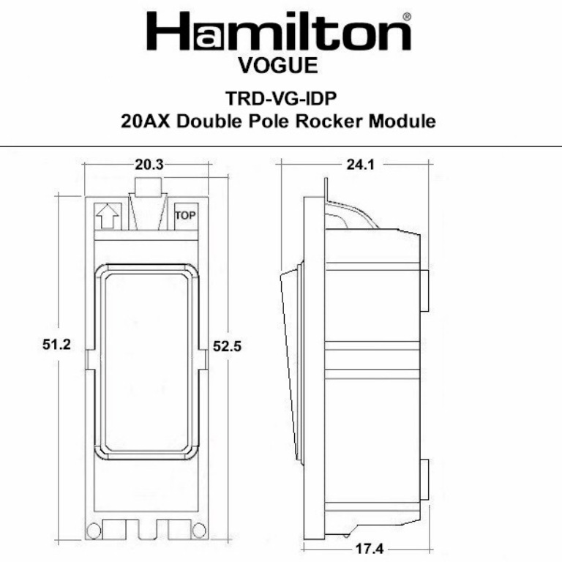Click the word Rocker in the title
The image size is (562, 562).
coord(326,121)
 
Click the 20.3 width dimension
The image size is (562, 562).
coord(149,165)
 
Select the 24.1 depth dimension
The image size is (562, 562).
coord(361,165)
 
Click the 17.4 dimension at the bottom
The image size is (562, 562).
coord(364,548)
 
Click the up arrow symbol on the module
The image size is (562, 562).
coord(107,216)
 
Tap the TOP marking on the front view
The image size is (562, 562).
coord(186,216)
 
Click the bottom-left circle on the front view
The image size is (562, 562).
coord(94,530)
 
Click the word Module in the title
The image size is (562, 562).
coord(399,121)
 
